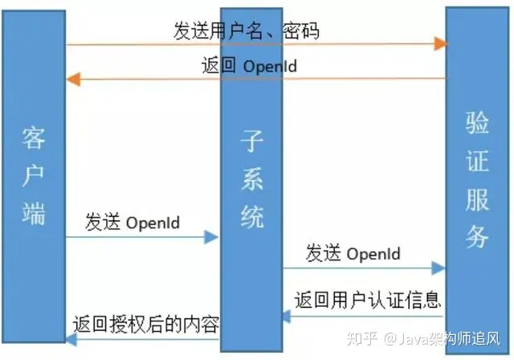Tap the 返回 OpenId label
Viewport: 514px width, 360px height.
pyautogui.click(x=248, y=65)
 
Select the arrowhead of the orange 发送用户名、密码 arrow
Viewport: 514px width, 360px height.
pyautogui.click(x=441, y=43)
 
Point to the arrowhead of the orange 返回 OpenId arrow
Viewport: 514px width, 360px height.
pyautogui.click(x=71, y=79)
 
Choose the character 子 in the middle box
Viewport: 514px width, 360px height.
pyautogui.click(x=251, y=143)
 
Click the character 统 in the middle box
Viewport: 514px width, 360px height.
pyautogui.click(x=251, y=215)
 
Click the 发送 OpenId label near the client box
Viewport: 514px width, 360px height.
pyautogui.click(x=132, y=222)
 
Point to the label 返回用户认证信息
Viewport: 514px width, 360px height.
pyautogui.click(x=367, y=301)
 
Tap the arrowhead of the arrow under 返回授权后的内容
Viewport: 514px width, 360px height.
pyautogui.click(x=71, y=341)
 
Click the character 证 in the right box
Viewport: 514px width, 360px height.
pyautogui.click(x=477, y=161)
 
